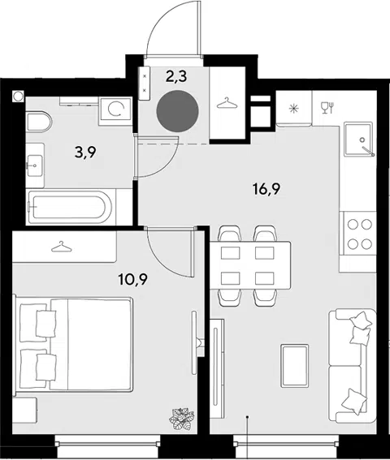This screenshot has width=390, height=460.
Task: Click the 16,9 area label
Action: tap(266, 189)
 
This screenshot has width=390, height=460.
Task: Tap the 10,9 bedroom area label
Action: tap(132, 279)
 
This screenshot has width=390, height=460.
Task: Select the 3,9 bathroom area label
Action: tap(85, 153)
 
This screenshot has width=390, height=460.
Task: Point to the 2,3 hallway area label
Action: tap(176, 77)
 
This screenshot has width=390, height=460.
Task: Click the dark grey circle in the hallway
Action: tap(177, 111)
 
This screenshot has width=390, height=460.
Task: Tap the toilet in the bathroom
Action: tap(39, 122)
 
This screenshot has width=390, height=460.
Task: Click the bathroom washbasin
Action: tap(35, 166)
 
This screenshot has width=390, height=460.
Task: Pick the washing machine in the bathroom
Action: tap(115, 109)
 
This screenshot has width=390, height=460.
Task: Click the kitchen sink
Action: tap(359, 139)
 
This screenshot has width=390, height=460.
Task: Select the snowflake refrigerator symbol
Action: tap(293, 109)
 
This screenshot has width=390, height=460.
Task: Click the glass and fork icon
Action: tap(327, 107)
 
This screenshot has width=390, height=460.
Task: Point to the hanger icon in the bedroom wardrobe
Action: tap(62, 247)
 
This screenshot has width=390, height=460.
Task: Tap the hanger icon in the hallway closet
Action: tap(227, 103)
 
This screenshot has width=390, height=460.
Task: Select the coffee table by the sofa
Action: tap(295, 366)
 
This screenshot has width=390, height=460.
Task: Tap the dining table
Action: tap(250, 265)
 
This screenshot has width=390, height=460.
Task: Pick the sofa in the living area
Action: tap(353, 366)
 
